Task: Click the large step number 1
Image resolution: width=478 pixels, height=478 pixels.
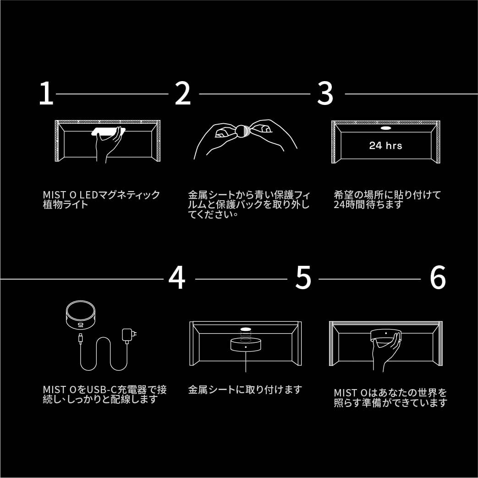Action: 46,93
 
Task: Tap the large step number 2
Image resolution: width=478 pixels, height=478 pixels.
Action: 182,93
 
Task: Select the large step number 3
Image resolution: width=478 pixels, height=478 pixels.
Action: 325,93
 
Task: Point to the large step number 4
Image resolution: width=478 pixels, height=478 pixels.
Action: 177,278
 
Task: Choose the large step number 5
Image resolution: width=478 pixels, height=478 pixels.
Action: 303,278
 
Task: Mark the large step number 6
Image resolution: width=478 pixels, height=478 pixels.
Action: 438,278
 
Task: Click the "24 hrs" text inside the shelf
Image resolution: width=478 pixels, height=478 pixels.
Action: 385,145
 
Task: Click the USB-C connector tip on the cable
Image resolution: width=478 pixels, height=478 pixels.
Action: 81,339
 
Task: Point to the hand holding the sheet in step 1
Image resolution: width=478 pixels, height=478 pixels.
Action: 109,145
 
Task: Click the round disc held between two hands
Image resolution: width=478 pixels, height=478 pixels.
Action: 242,131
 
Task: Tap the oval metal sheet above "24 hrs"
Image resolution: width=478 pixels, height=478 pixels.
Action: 385,128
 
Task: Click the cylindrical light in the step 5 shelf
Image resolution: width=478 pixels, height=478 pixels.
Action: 246,345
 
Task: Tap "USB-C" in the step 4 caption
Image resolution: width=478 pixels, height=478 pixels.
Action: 102,390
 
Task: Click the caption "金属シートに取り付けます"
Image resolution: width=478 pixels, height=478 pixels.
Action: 245,390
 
